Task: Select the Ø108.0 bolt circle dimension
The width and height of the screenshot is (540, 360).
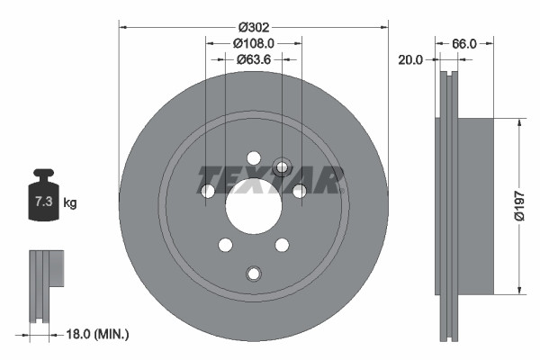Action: click(x=253, y=42)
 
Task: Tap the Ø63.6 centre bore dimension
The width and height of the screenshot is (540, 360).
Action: click(x=253, y=59)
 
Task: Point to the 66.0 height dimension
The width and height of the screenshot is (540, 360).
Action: click(x=463, y=42)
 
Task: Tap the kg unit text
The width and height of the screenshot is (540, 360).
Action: click(x=69, y=203)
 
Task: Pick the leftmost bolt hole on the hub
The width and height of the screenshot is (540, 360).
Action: click(x=208, y=191)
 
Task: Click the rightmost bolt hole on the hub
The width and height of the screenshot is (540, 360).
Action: click(x=299, y=190)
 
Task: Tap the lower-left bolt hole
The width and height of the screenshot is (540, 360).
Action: click(x=225, y=245)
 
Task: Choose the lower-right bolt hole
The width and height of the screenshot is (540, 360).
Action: click(x=282, y=245)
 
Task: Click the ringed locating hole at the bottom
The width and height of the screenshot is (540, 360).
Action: click(x=253, y=274)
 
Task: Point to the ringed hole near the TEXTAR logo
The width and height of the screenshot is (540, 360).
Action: click(x=282, y=166)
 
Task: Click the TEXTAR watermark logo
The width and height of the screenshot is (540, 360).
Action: click(x=270, y=180)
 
